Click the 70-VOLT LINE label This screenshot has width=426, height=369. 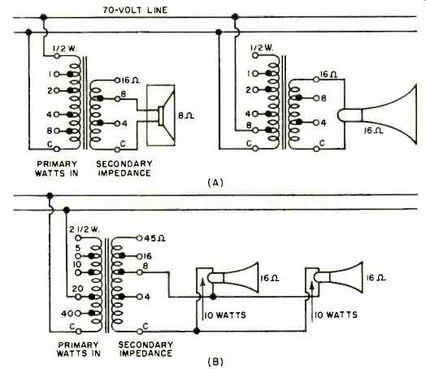135,10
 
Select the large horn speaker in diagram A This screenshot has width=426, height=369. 377,115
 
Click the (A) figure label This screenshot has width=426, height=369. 215,182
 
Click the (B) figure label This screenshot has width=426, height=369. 215,362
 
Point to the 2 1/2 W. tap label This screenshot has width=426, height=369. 85,230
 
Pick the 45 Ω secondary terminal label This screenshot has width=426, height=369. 154,238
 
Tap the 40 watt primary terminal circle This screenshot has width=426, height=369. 78,314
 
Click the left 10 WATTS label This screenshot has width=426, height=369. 225,315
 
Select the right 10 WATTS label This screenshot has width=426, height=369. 336,315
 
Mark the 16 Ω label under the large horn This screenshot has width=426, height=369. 373,131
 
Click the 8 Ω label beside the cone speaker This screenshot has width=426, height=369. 186,116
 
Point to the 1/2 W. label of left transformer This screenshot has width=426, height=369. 65,49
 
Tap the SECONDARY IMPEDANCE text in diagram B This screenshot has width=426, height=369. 146,349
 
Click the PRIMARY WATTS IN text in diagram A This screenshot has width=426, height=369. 57,168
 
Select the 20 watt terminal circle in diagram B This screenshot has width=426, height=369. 78,297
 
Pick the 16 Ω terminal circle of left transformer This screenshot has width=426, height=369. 117,80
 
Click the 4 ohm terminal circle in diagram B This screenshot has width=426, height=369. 139,297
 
